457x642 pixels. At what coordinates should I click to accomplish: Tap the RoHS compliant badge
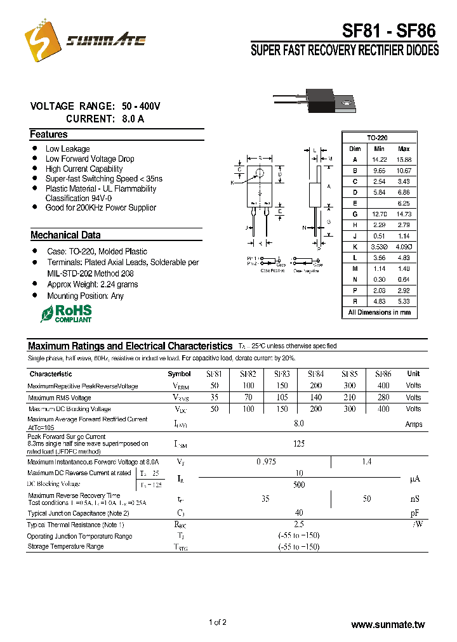[x=66, y=313]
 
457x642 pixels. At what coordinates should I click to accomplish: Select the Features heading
[x=48, y=134]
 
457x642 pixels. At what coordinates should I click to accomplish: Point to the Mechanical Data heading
[x=65, y=235]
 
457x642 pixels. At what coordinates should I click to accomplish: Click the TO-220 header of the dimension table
[x=377, y=138]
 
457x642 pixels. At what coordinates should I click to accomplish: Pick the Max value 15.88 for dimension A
[x=404, y=159]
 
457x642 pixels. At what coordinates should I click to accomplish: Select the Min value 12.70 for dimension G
[x=379, y=214]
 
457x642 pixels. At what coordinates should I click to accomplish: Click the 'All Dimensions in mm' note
[x=379, y=313]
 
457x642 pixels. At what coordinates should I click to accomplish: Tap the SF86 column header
[x=383, y=374]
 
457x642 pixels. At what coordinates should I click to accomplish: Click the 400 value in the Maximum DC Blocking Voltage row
[x=383, y=409]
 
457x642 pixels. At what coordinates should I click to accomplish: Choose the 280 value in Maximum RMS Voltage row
[x=383, y=398]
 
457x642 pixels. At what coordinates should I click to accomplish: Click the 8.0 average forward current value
[x=299, y=423]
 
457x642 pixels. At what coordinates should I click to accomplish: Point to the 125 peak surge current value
[x=299, y=444]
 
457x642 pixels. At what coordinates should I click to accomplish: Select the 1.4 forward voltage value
[x=366, y=462]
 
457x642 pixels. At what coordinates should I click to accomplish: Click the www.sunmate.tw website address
[x=387, y=625]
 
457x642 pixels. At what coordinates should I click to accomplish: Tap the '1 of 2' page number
[x=217, y=622]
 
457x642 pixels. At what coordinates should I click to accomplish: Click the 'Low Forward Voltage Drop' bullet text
[x=89, y=159]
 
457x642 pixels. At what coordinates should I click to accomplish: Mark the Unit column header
[x=413, y=374]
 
